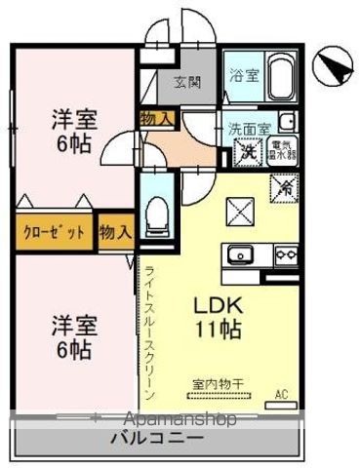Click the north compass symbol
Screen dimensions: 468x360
point(331,65)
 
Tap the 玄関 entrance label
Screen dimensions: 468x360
point(187,82)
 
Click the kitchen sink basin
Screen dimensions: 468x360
point(240,256)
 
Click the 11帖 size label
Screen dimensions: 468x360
point(222,329)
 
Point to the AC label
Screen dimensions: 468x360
point(282,394)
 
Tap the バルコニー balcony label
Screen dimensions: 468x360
point(163,439)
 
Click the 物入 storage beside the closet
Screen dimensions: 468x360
point(116,232)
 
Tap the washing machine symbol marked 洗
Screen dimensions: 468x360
point(249,151)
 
